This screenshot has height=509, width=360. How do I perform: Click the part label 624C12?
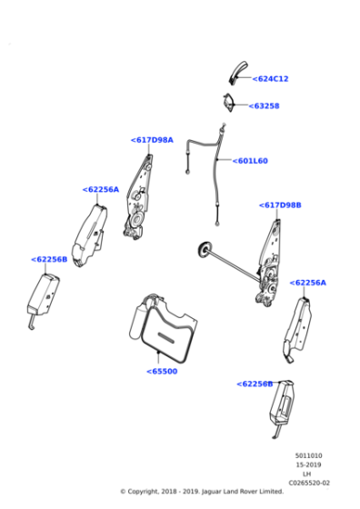pos(271,79)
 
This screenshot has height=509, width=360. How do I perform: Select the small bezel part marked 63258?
pos(232,104)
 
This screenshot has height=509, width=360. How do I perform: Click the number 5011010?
pos(308,455)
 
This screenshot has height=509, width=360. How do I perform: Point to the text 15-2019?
pos(308,464)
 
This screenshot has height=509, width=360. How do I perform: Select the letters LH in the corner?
pos(308,474)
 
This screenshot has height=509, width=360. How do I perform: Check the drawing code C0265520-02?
pos(309,483)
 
